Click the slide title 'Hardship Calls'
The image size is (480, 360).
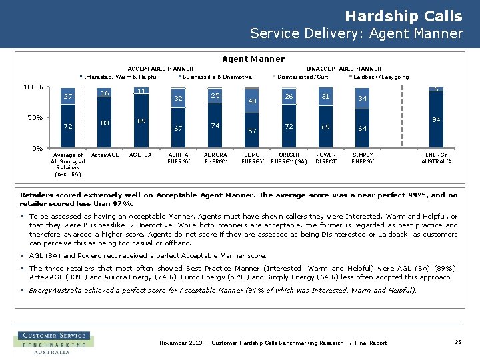[403, 16]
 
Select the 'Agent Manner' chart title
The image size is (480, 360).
[253, 59]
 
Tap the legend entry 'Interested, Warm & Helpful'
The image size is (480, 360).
[121, 77]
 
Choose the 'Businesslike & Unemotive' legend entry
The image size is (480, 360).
[217, 77]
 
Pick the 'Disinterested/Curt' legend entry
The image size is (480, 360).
[303, 77]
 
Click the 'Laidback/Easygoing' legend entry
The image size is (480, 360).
[381, 77]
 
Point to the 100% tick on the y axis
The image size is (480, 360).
[33, 87]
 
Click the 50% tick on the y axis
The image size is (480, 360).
[35, 118]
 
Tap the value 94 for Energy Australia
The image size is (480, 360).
[436, 120]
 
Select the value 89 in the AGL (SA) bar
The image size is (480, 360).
[141, 121]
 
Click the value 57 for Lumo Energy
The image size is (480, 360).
[252, 131]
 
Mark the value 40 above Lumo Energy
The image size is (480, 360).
[252, 101]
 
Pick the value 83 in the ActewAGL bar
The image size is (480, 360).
[105, 123]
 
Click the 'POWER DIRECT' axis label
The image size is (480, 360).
[326, 157]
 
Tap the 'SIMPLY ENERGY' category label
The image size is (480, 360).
[363, 157]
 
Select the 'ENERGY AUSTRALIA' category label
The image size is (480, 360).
[436, 157]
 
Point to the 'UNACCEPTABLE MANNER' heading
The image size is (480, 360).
[343, 69]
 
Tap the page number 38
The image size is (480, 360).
[458, 342]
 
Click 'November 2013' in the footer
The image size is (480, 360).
[180, 343]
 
